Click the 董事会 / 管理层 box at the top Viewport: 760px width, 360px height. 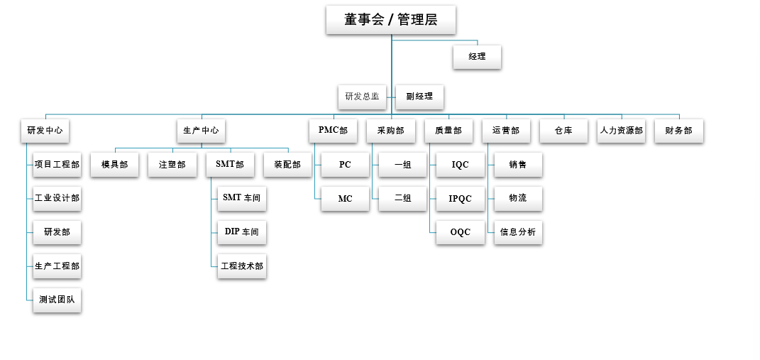[390, 20]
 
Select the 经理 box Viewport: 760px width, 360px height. [477, 57]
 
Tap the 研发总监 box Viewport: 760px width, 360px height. [362, 97]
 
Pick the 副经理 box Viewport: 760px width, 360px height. [419, 97]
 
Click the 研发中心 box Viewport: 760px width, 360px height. [45, 131]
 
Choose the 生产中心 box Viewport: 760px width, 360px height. [201, 131]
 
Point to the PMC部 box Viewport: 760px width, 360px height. [334, 131]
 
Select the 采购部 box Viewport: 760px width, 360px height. [391, 131]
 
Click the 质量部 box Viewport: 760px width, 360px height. [448, 131]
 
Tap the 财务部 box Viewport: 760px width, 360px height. [679, 131]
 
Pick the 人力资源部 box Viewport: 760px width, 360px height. [622, 131]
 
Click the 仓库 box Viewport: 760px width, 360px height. [563, 131]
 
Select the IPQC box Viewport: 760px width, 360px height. [460, 199]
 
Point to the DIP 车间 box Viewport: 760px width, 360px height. [241, 232]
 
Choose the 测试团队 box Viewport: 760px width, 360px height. [57, 300]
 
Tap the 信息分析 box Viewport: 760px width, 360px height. [518, 232]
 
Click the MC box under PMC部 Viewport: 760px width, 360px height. [345, 199]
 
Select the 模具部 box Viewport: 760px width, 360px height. [115, 165]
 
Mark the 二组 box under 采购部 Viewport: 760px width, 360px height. [402, 199]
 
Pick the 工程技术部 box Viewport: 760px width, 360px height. [241, 266]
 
